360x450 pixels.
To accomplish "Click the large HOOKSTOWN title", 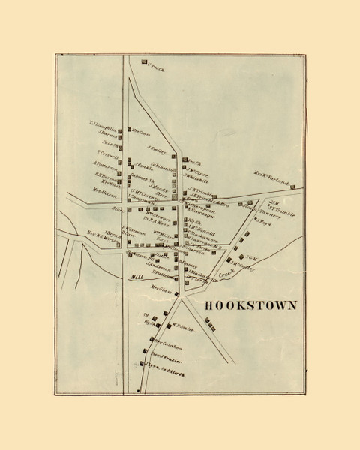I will coord(250,306).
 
